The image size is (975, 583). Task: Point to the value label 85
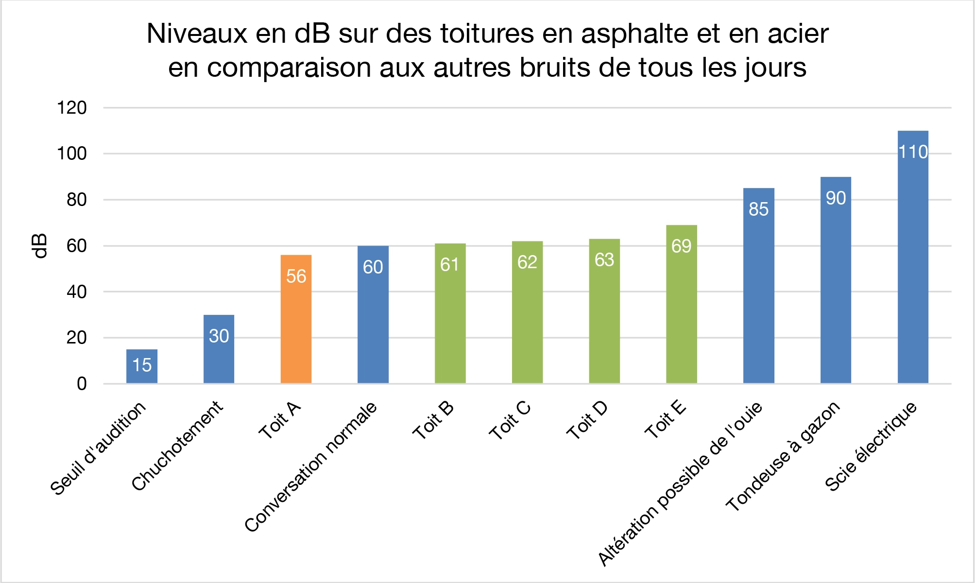pyautogui.click(x=758, y=209)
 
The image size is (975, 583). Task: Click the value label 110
pyautogui.click(x=913, y=152)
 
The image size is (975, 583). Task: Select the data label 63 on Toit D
pyautogui.click(x=604, y=260)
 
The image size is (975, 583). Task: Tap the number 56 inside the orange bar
pyautogui.click(x=296, y=276)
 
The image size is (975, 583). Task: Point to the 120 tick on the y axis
pyautogui.click(x=72, y=108)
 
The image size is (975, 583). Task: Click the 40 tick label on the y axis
pyautogui.click(x=76, y=292)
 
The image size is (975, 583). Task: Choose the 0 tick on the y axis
pyautogui.click(x=82, y=384)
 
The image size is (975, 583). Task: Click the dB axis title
pyautogui.click(x=40, y=246)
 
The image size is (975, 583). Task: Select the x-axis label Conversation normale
pyautogui.click(x=311, y=466)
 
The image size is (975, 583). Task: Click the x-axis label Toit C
pyautogui.click(x=510, y=421)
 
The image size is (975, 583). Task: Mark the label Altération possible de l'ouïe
pyautogui.click(x=681, y=484)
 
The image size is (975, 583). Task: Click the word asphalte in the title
pyautogui.click(x=634, y=34)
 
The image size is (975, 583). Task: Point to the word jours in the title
pyautogui.click(x=776, y=68)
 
